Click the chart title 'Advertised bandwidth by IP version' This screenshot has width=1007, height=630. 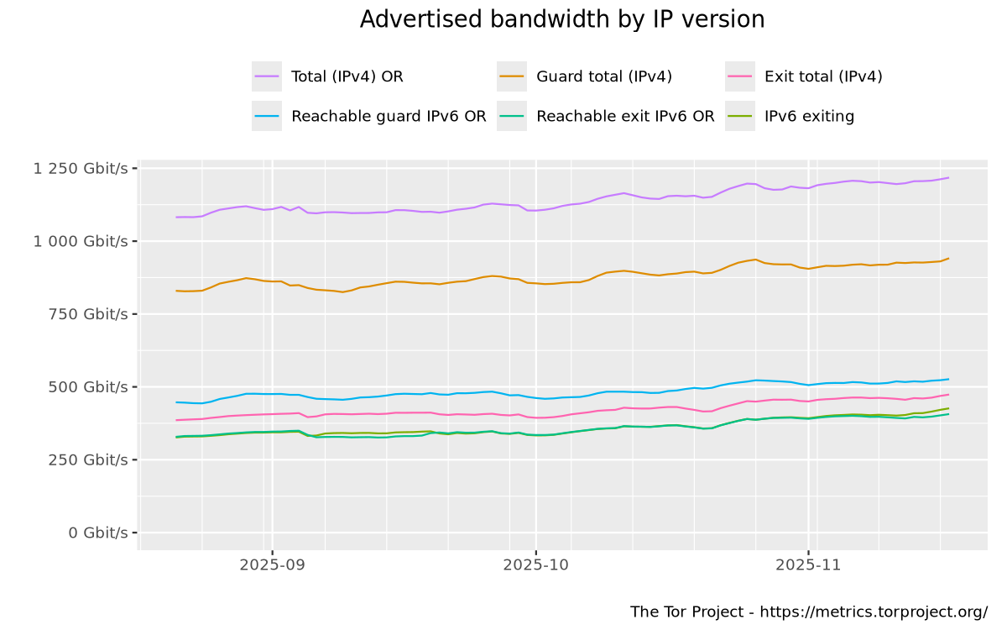pos(562,19)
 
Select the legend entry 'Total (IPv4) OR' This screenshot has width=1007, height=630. pos(347,76)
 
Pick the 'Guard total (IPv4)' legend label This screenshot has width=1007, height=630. pos(604,76)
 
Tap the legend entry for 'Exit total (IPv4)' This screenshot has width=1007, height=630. pos(823,76)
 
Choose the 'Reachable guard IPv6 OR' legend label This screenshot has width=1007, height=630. pos(389,117)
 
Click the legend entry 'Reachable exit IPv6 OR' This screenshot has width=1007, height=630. pos(625,117)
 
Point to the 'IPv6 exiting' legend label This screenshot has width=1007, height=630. pos(809,117)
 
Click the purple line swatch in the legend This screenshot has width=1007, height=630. pos(267,76)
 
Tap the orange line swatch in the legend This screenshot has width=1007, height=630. pos(512,76)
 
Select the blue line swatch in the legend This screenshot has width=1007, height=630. pos(267,117)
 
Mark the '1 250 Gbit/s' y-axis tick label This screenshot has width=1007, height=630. pos(81,168)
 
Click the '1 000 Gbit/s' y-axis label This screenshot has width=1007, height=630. pos(81,241)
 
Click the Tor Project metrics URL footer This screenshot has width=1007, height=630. pos(808,611)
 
